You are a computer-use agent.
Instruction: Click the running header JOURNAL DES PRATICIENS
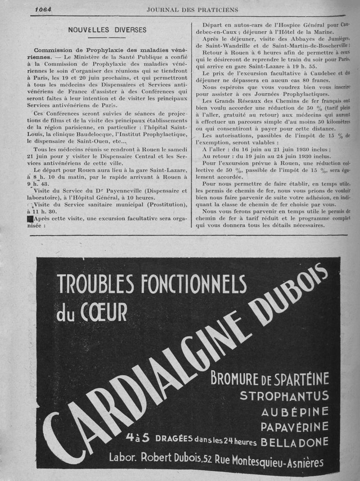tap(192, 9)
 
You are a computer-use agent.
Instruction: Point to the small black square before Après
tap(30, 219)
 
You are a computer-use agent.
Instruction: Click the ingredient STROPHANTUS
tap(284, 396)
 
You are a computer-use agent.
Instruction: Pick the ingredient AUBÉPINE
tap(295, 412)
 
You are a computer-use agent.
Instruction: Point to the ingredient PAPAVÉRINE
tap(295, 427)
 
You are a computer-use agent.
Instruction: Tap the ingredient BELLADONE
tap(295, 442)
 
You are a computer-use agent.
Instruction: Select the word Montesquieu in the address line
tap(261, 460)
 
